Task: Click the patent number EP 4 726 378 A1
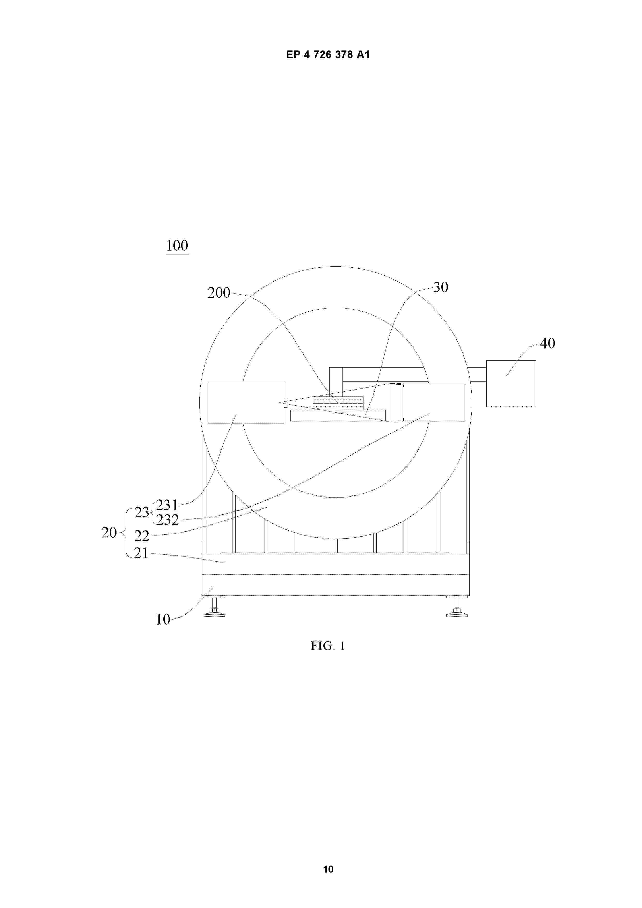[x=328, y=55]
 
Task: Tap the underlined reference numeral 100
[x=177, y=246]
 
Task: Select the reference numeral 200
[x=219, y=293]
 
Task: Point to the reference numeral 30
[x=441, y=287]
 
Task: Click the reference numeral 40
[x=548, y=343]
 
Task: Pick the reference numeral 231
[x=167, y=505]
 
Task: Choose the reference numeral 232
[x=167, y=520]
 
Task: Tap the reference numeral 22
[x=142, y=536]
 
